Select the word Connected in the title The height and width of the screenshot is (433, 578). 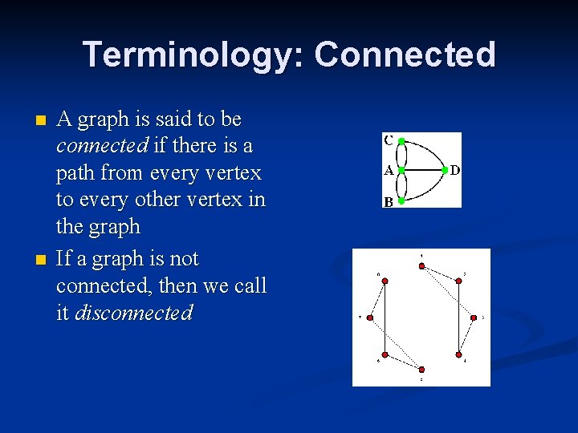coord(405,55)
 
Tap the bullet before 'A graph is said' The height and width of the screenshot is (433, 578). coord(42,121)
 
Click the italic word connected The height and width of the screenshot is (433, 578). coord(102,146)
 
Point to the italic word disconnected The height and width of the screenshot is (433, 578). coord(133,313)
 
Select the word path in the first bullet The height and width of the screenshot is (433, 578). coord(78,172)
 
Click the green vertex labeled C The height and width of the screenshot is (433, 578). coord(401,140)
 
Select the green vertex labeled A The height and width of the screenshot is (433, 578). coord(401,171)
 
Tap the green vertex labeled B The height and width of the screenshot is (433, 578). coord(401,201)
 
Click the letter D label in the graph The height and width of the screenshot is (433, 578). coord(455,170)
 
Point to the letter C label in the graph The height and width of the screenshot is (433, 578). coord(389,140)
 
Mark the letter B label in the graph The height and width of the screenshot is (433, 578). coord(389,202)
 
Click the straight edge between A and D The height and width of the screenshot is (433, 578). coord(423,171)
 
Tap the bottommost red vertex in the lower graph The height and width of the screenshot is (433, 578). coord(421,370)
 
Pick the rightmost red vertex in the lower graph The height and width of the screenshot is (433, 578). coord(474,318)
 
